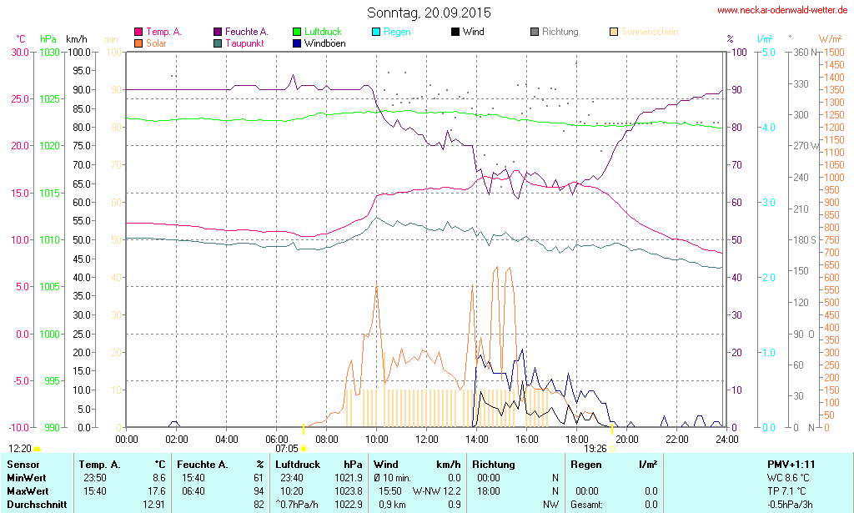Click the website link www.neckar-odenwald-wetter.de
point(783,11)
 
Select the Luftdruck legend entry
point(323,32)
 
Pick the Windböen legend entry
point(324,43)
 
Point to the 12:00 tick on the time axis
point(427,439)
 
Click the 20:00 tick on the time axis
point(627,439)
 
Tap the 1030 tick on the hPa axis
point(49,52)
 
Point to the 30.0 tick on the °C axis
point(18,52)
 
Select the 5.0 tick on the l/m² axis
point(767,52)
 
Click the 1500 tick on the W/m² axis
point(832,52)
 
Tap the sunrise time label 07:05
point(286,448)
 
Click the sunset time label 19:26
point(595,448)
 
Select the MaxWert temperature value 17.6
point(155,490)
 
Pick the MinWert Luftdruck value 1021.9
point(349,477)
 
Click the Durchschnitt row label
point(37,504)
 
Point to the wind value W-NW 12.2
point(437,490)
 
